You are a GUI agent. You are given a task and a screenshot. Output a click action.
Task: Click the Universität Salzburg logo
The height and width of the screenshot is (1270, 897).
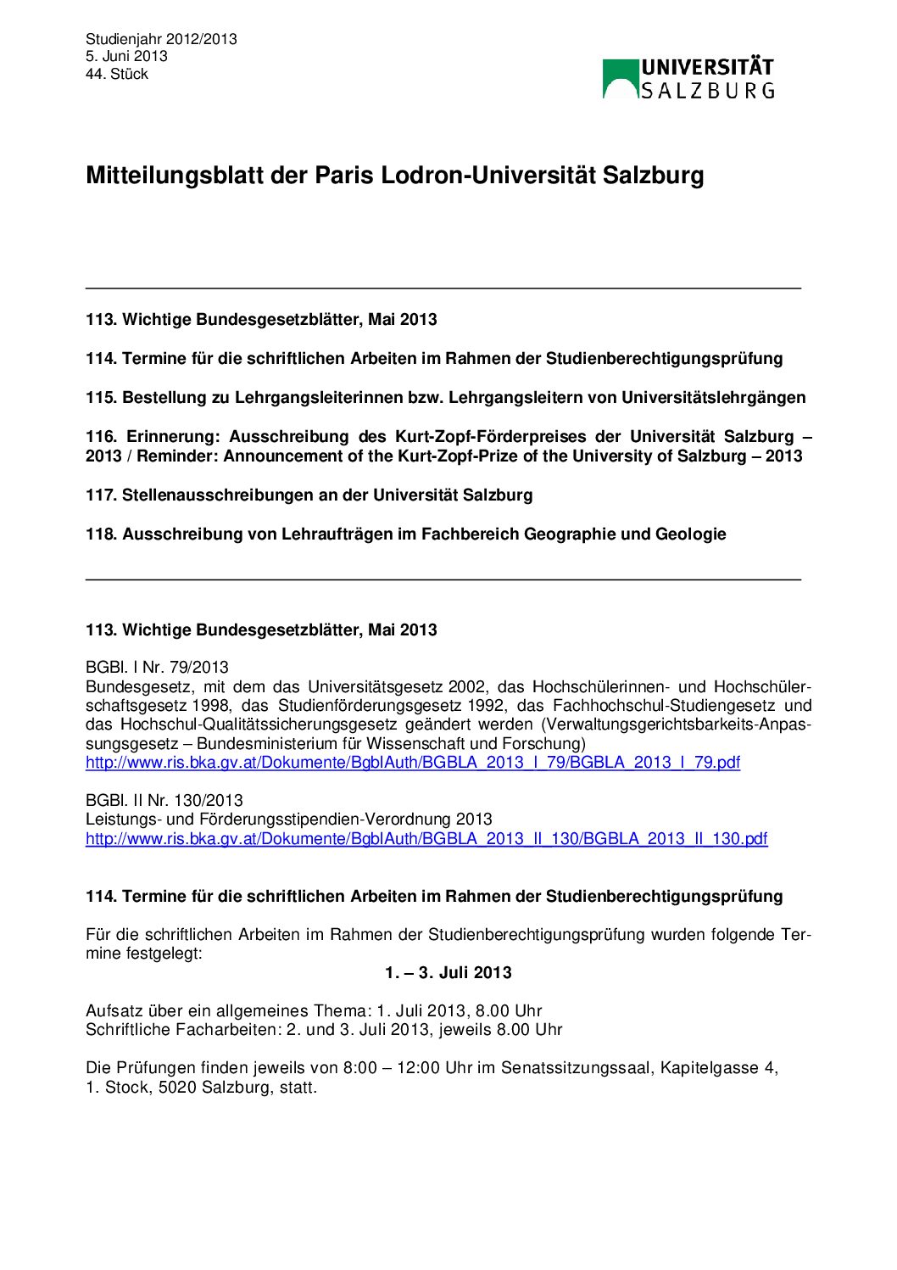click(x=688, y=79)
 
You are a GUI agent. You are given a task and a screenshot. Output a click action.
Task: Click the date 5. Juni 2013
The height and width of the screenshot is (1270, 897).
click(x=126, y=56)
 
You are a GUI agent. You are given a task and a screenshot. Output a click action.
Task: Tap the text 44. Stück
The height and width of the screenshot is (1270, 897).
click(x=116, y=74)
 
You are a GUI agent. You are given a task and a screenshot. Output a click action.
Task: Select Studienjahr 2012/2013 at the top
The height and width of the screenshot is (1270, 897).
click(x=161, y=39)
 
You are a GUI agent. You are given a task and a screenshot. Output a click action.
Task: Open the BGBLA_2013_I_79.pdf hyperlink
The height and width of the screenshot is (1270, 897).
click(x=412, y=762)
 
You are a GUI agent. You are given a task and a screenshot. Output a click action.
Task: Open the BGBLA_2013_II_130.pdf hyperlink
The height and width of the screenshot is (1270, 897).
click(x=426, y=838)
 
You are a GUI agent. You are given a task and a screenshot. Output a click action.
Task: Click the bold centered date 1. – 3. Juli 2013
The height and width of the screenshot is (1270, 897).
click(x=448, y=972)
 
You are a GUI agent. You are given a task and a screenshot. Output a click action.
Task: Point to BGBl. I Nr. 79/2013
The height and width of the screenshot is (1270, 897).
click(x=157, y=667)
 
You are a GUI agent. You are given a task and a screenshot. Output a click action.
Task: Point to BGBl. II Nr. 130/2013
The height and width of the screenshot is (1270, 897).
click(x=164, y=800)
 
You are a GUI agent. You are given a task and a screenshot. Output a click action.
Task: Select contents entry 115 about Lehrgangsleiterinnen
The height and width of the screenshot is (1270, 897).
click(x=445, y=397)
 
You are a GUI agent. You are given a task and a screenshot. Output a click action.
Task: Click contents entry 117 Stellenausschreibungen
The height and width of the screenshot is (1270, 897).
click(x=309, y=495)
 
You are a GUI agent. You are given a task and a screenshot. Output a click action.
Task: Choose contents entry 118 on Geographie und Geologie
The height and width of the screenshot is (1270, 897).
click(x=405, y=534)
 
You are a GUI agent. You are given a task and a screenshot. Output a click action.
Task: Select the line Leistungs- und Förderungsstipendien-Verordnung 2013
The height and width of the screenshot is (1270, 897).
click(x=288, y=819)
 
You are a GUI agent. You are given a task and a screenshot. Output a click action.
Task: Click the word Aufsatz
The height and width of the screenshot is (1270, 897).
click(x=114, y=1010)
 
